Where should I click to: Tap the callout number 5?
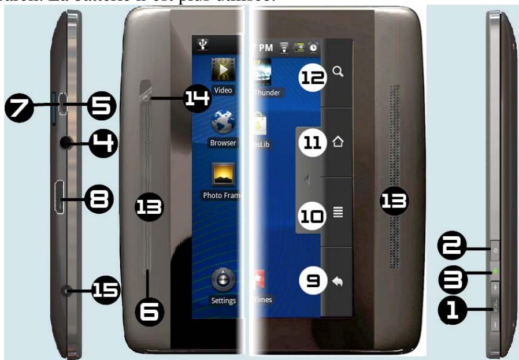point(102,106)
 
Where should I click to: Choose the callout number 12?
point(312,78)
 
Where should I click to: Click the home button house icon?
point(339,141)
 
